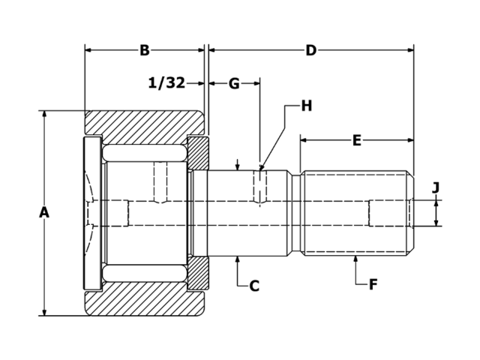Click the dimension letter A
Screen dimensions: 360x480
(44, 213)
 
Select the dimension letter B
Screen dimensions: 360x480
(145, 51)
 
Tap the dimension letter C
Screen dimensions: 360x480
(254, 286)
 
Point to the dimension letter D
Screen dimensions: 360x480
(310, 51)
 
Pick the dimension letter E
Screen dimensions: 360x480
(357, 140)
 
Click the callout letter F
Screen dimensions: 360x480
(373, 284)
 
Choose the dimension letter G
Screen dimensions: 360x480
(234, 83)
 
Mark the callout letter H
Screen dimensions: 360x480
(306, 106)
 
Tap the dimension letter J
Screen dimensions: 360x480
(436, 187)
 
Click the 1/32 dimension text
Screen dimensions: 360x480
(166, 83)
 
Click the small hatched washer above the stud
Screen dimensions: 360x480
(198, 154)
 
